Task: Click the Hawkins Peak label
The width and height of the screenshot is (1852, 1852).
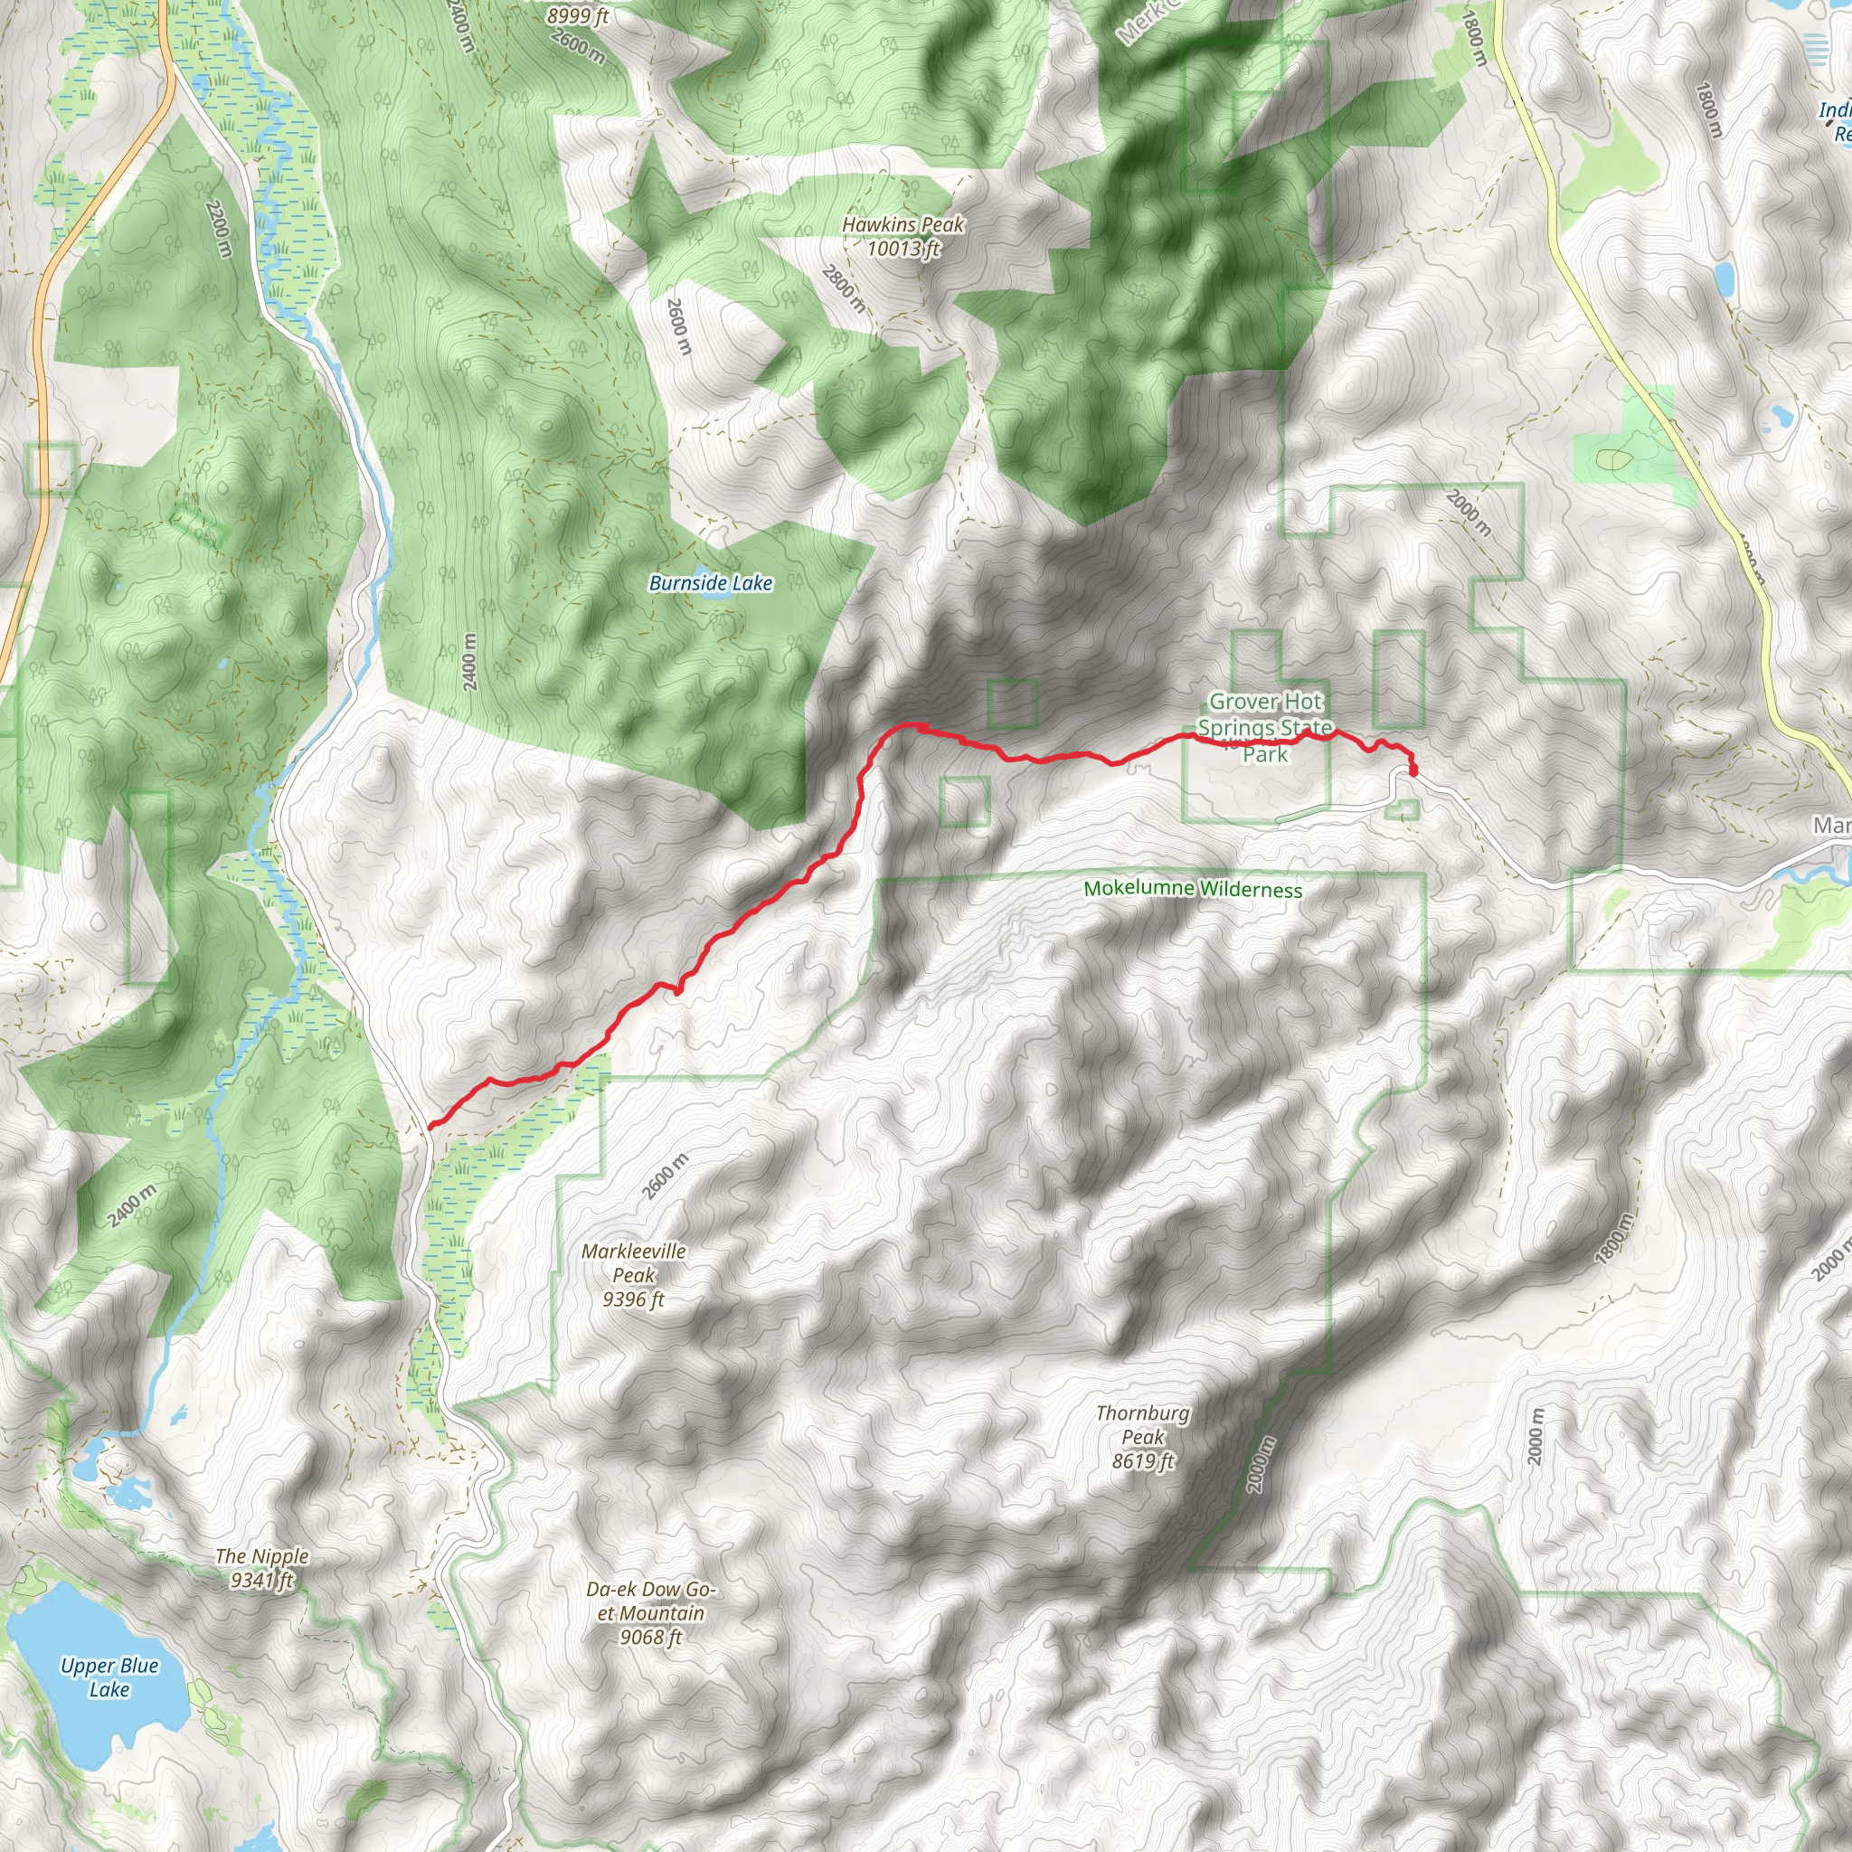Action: point(903,236)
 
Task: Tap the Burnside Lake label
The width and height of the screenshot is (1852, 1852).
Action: point(710,583)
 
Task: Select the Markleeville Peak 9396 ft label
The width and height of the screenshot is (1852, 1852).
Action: point(634,1275)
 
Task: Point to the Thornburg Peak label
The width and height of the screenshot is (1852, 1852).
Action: point(1143,1437)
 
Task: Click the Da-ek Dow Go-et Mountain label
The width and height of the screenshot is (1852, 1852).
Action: point(651,1613)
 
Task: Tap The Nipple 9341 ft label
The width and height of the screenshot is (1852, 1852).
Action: point(261,1568)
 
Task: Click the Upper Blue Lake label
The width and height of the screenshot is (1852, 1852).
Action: point(109,1677)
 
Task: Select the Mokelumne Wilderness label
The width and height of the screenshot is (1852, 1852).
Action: point(1193,889)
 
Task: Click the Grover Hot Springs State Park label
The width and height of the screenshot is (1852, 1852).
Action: point(1264,728)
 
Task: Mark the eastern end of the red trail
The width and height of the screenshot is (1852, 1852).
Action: point(1413,770)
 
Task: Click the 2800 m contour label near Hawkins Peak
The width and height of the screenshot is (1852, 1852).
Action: point(844,289)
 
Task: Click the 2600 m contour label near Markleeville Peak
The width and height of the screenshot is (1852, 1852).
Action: point(666,1176)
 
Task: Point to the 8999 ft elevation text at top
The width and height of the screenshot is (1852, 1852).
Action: point(578,15)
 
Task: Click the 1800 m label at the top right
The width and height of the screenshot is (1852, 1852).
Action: point(1476,38)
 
